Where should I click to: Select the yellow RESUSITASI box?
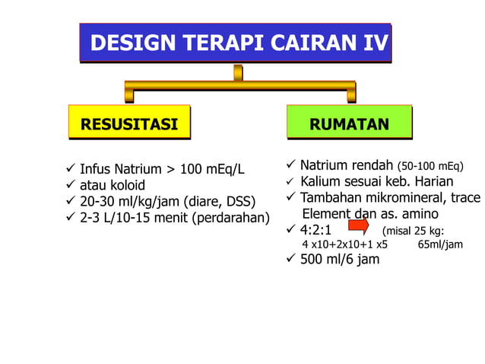click(129, 123)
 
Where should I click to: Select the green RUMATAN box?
click(349, 124)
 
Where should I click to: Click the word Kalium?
click(322, 181)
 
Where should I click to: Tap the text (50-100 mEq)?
click(430, 166)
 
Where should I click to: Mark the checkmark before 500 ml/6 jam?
click(290, 260)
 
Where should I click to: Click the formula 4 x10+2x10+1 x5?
click(344, 245)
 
